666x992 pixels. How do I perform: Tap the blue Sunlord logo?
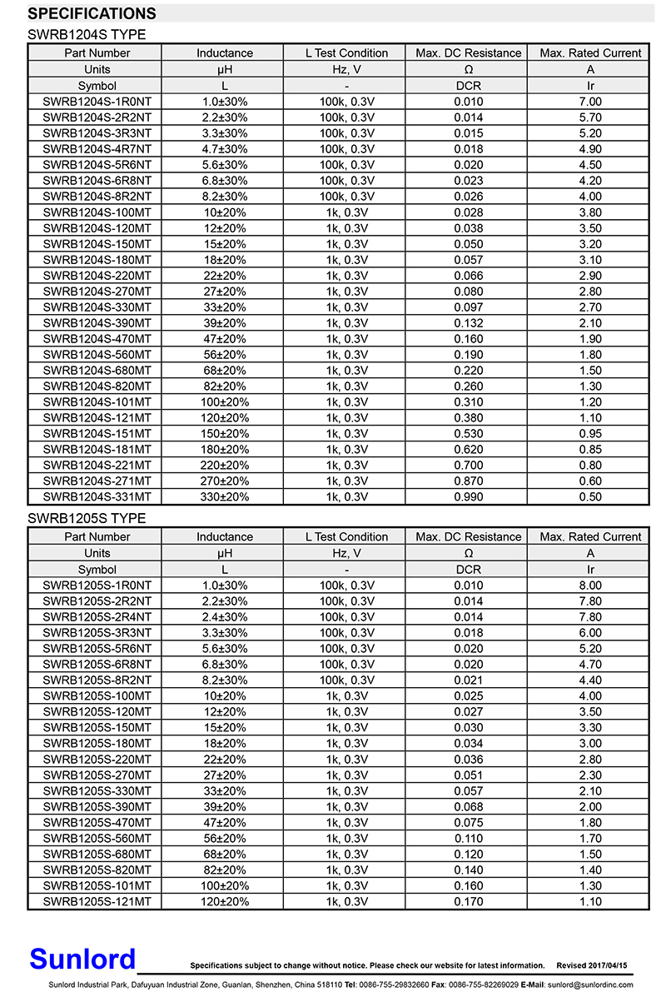coord(82,959)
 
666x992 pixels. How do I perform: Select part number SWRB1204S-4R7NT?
coord(97,149)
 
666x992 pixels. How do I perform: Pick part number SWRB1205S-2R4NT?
coord(97,617)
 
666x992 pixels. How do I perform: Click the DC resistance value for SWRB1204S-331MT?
coord(468,497)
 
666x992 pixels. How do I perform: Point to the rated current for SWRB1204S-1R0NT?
coord(590,102)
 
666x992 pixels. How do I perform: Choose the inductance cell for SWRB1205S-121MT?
coord(224,902)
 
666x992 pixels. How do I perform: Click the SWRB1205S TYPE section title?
coord(87,518)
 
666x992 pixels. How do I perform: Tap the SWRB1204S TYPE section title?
coord(87,34)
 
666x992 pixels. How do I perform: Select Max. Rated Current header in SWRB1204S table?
coord(590,53)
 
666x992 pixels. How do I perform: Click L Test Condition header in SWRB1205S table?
coord(346,537)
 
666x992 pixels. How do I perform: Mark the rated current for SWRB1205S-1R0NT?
coord(590,586)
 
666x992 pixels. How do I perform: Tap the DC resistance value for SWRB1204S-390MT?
coord(468,323)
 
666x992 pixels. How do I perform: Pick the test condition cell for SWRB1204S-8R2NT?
coord(346,197)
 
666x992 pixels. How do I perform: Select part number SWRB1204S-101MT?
coord(97,402)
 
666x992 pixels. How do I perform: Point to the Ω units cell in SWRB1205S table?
coord(468,553)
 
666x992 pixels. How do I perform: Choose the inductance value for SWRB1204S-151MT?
coord(224,434)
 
